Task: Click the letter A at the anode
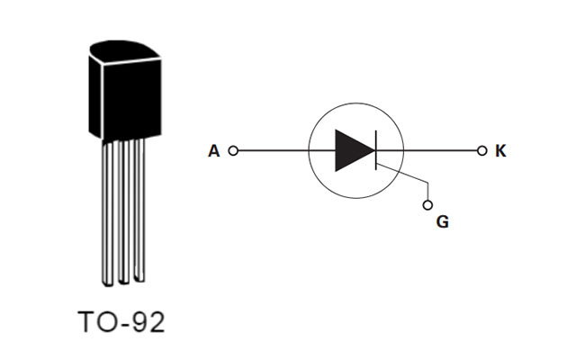point(213,151)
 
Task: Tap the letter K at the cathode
point(501,151)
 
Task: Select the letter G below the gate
point(442,221)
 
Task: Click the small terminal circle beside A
point(233,151)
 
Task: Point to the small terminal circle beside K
point(481,151)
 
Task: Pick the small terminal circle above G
point(428,202)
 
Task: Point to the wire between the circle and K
point(441,151)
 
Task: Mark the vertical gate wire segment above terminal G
point(428,189)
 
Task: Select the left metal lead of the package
point(108,211)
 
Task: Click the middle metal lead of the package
point(124,211)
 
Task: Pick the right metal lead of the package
point(139,211)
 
